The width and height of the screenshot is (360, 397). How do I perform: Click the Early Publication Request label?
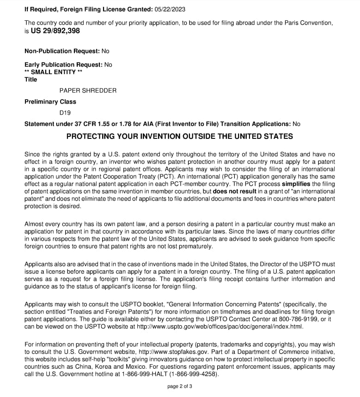coord(63,65)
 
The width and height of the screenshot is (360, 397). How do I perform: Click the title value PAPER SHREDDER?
coord(88,90)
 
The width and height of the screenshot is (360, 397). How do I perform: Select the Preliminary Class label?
coord(50,101)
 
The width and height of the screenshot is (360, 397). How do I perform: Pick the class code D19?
coord(65,112)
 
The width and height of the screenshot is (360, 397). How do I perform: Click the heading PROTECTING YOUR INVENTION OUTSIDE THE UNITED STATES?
coord(179,136)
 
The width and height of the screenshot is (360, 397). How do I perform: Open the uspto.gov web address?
coord(220,326)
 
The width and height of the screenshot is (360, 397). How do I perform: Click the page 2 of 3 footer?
coord(180,386)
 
